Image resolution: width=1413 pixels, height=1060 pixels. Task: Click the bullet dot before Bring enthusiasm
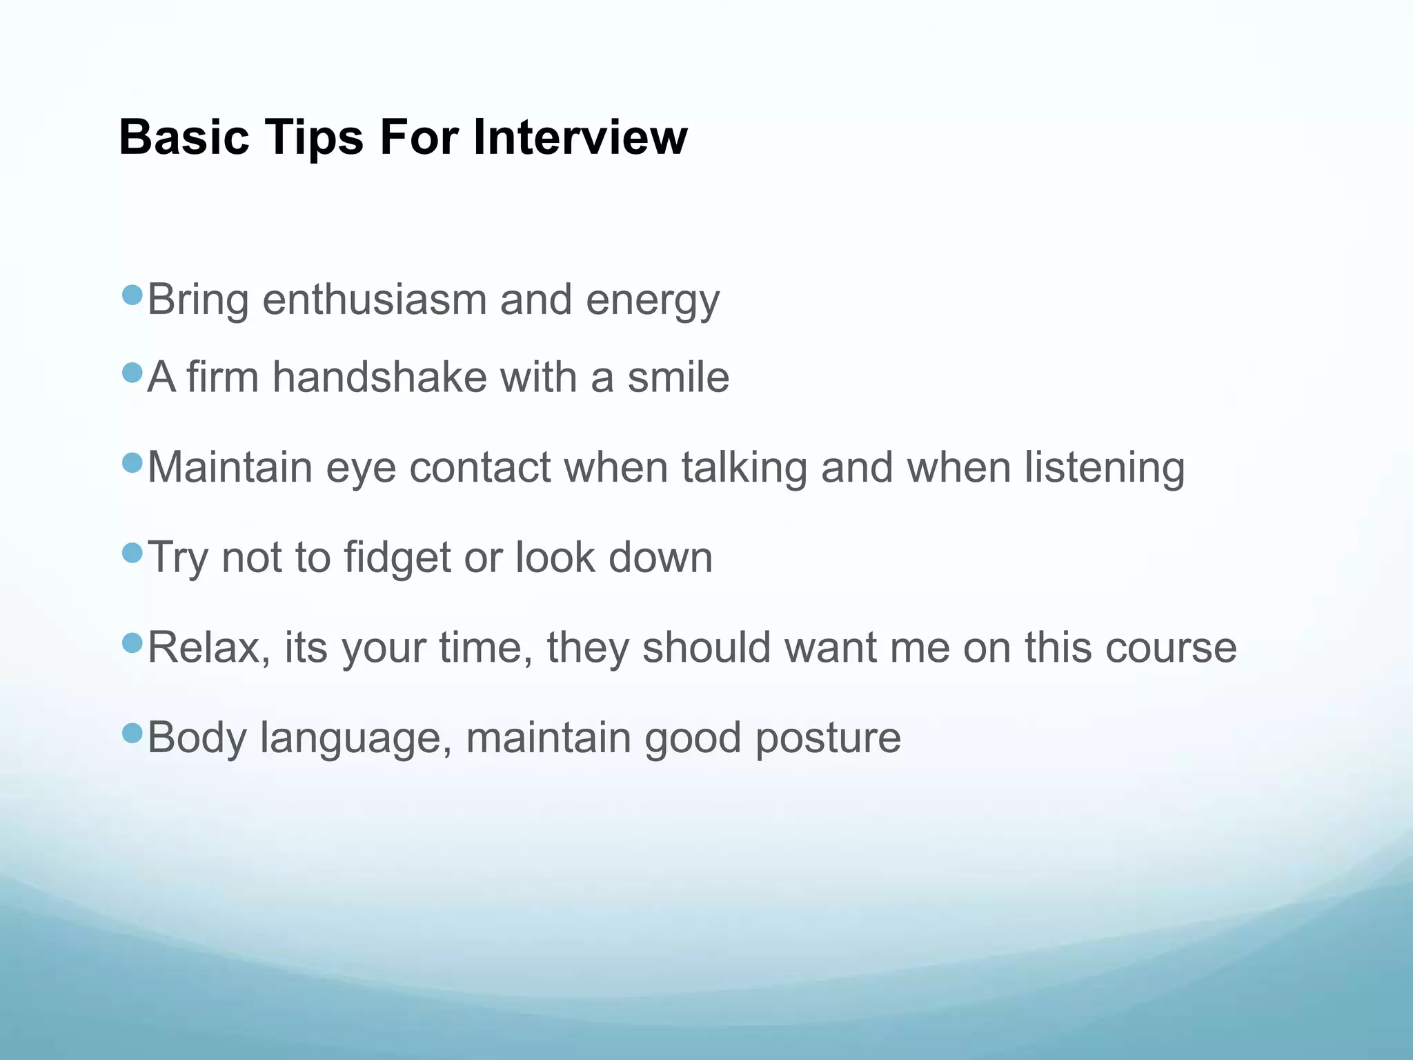click(x=132, y=295)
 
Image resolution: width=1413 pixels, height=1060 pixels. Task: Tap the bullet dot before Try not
click(x=132, y=552)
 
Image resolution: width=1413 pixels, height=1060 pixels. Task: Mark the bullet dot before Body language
click(x=132, y=732)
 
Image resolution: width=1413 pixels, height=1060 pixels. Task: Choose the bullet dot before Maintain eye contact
click(x=132, y=462)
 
